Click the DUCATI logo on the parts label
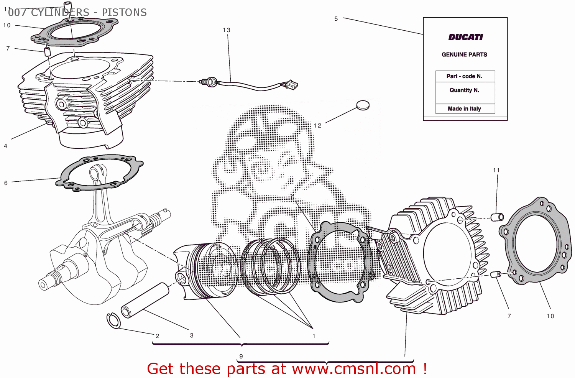coord(465,37)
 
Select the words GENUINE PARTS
coord(464,54)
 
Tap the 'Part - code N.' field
coord(465,76)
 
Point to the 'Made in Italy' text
coord(464,109)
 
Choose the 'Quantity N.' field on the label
coord(465,90)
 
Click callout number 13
coord(227,30)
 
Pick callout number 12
coord(317,125)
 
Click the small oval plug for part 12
coord(363,105)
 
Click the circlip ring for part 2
coord(113,320)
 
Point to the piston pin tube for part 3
coord(145,301)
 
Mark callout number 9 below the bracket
coord(241,356)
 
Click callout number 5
coord(336,19)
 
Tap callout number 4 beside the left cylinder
coord(5,146)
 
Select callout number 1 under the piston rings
coord(314,336)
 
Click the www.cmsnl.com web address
coord(354,369)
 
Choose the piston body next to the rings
coord(207,270)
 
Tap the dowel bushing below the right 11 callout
coord(498,217)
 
